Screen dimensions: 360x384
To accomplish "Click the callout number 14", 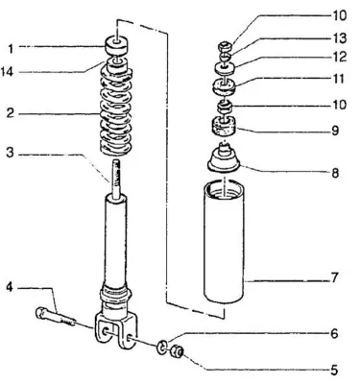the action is coord(7,72).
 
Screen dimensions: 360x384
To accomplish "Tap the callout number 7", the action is coord(334,277).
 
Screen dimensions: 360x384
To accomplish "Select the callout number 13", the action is coord(340,38).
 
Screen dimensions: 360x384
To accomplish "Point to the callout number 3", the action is coord(11,153).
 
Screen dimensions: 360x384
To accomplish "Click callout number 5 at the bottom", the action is coord(334,371).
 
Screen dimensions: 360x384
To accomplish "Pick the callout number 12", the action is coord(340,57).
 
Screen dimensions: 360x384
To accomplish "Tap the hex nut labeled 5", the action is coord(177,352).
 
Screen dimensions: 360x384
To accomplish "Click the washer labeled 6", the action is coord(162,347).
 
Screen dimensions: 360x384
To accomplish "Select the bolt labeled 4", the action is coord(56,317).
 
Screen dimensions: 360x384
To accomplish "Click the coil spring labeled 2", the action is coord(116,112).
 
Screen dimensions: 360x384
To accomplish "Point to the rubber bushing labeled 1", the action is coord(116,46).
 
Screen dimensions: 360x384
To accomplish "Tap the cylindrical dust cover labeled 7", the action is coord(224,242).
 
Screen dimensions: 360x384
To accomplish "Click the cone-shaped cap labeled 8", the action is coord(224,158).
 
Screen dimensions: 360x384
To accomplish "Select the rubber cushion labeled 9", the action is coord(224,128).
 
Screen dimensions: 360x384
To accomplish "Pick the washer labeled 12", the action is coord(226,68).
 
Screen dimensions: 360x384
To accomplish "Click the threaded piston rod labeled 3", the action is coord(116,180).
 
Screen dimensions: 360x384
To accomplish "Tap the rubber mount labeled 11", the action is coord(225,87).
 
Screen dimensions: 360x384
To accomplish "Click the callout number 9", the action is coord(335,131).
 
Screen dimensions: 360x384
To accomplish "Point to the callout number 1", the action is coord(11,49).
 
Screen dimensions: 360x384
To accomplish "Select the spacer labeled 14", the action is coord(116,64).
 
